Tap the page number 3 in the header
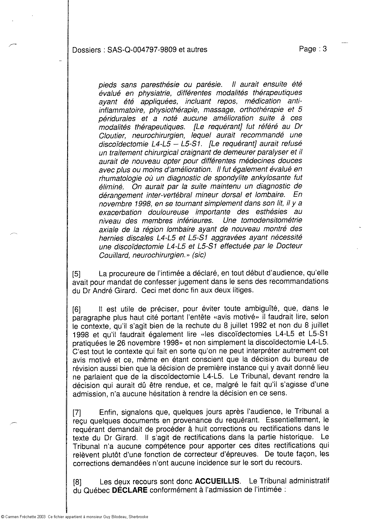click(x=325, y=49)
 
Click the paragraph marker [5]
click(x=76, y=274)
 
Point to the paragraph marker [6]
click(x=76, y=310)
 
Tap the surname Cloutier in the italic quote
click(x=110, y=136)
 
